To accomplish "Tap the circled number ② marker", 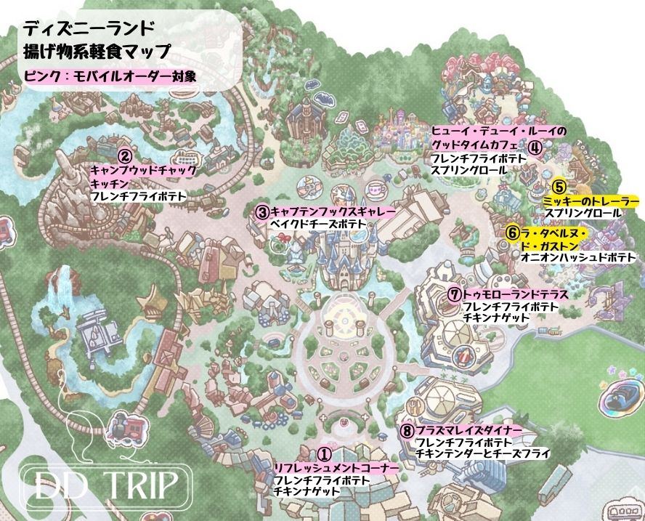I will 125,156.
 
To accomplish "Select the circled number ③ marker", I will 263,212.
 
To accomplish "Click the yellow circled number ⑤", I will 559,187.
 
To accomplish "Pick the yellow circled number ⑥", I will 513,233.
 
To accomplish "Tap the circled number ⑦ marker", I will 454,295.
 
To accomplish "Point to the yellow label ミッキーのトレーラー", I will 591,200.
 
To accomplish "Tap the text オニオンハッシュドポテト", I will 578,257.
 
